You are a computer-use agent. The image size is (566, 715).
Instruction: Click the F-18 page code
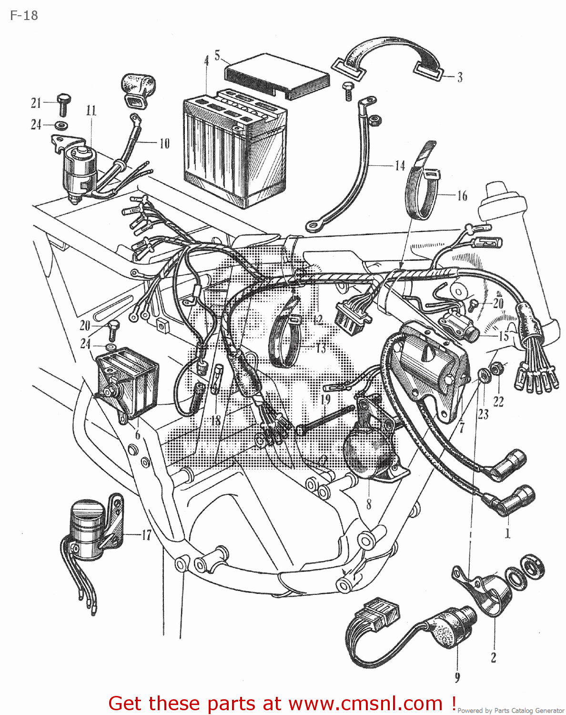click(24, 16)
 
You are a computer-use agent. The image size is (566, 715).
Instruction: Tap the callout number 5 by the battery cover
click(217, 56)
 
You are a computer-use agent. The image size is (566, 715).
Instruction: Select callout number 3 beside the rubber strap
click(460, 77)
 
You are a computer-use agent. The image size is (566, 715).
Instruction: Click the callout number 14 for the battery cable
click(400, 166)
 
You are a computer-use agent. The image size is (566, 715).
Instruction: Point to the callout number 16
click(462, 196)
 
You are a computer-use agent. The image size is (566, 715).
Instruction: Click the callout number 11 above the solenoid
click(91, 111)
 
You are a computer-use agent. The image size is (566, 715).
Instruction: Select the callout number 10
click(164, 143)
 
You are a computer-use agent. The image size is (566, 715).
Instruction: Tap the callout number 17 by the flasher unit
click(146, 535)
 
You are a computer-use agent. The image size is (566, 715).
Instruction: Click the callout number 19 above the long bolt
click(325, 399)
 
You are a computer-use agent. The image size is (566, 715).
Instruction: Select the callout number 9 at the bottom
click(457, 677)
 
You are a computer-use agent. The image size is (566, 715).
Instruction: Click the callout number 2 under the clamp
click(494, 658)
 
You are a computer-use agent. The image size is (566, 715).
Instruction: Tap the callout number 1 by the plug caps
click(507, 533)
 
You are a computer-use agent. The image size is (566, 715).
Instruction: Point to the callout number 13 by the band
click(321, 348)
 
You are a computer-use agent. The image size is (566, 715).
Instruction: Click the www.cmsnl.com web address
click(366, 704)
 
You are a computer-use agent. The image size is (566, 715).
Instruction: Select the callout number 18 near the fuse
click(216, 420)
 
